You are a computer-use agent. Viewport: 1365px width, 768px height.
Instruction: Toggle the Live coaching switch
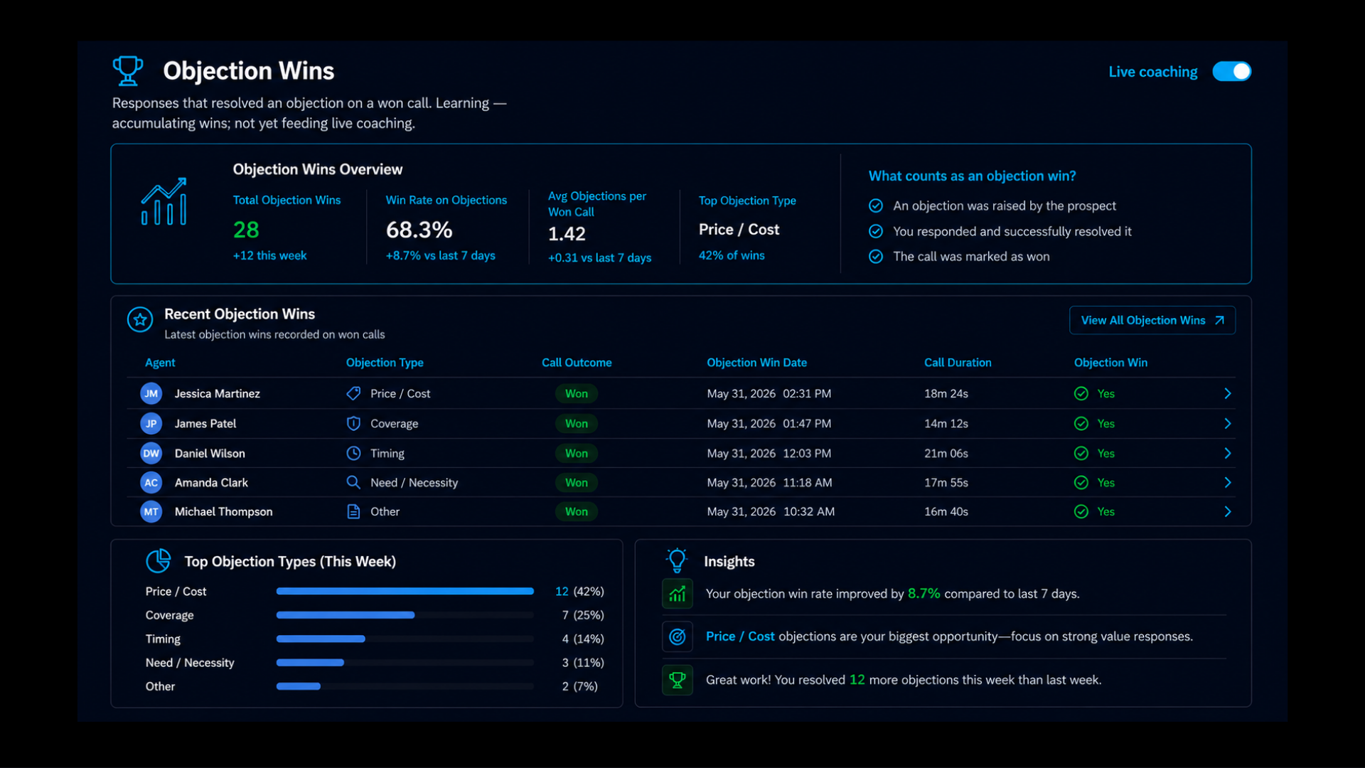1231,71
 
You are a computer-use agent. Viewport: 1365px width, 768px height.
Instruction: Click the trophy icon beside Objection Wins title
128,70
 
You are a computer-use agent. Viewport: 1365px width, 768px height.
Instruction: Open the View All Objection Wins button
1152,320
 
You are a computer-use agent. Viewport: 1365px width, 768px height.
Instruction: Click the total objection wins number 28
246,230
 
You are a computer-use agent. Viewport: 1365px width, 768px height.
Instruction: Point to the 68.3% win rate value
419,230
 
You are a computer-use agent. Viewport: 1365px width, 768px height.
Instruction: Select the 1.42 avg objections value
567,234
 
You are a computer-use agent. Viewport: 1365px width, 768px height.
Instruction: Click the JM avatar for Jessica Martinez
151,393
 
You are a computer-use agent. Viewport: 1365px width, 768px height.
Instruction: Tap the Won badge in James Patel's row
577,424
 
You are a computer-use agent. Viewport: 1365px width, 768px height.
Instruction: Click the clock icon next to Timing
353,453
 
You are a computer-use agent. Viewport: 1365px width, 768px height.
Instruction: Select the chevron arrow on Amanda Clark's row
1228,482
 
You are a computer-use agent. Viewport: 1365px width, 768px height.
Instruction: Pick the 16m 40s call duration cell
946,511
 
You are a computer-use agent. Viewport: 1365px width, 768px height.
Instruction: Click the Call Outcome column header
577,363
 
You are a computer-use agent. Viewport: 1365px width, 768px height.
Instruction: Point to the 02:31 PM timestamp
807,393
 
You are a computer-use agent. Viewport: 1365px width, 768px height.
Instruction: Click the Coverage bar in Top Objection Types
346,615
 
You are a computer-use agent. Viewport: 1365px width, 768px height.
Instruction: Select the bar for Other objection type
299,686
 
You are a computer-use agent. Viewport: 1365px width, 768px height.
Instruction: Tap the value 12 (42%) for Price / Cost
579,592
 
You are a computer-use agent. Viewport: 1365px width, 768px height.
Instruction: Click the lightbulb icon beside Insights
677,560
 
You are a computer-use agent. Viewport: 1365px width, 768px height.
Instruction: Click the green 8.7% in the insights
924,593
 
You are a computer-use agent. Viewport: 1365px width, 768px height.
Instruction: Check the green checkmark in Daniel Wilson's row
1081,453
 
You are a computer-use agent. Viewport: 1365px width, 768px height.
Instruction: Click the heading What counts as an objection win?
972,176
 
